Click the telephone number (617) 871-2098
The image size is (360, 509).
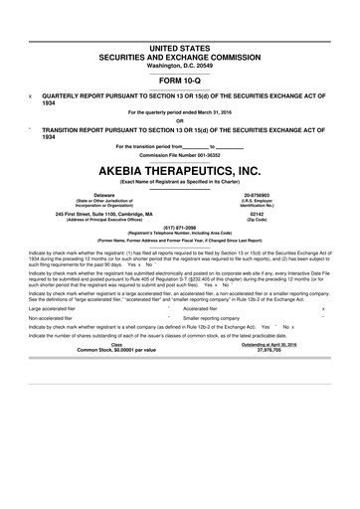point(180,228)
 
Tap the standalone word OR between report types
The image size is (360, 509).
point(180,122)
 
